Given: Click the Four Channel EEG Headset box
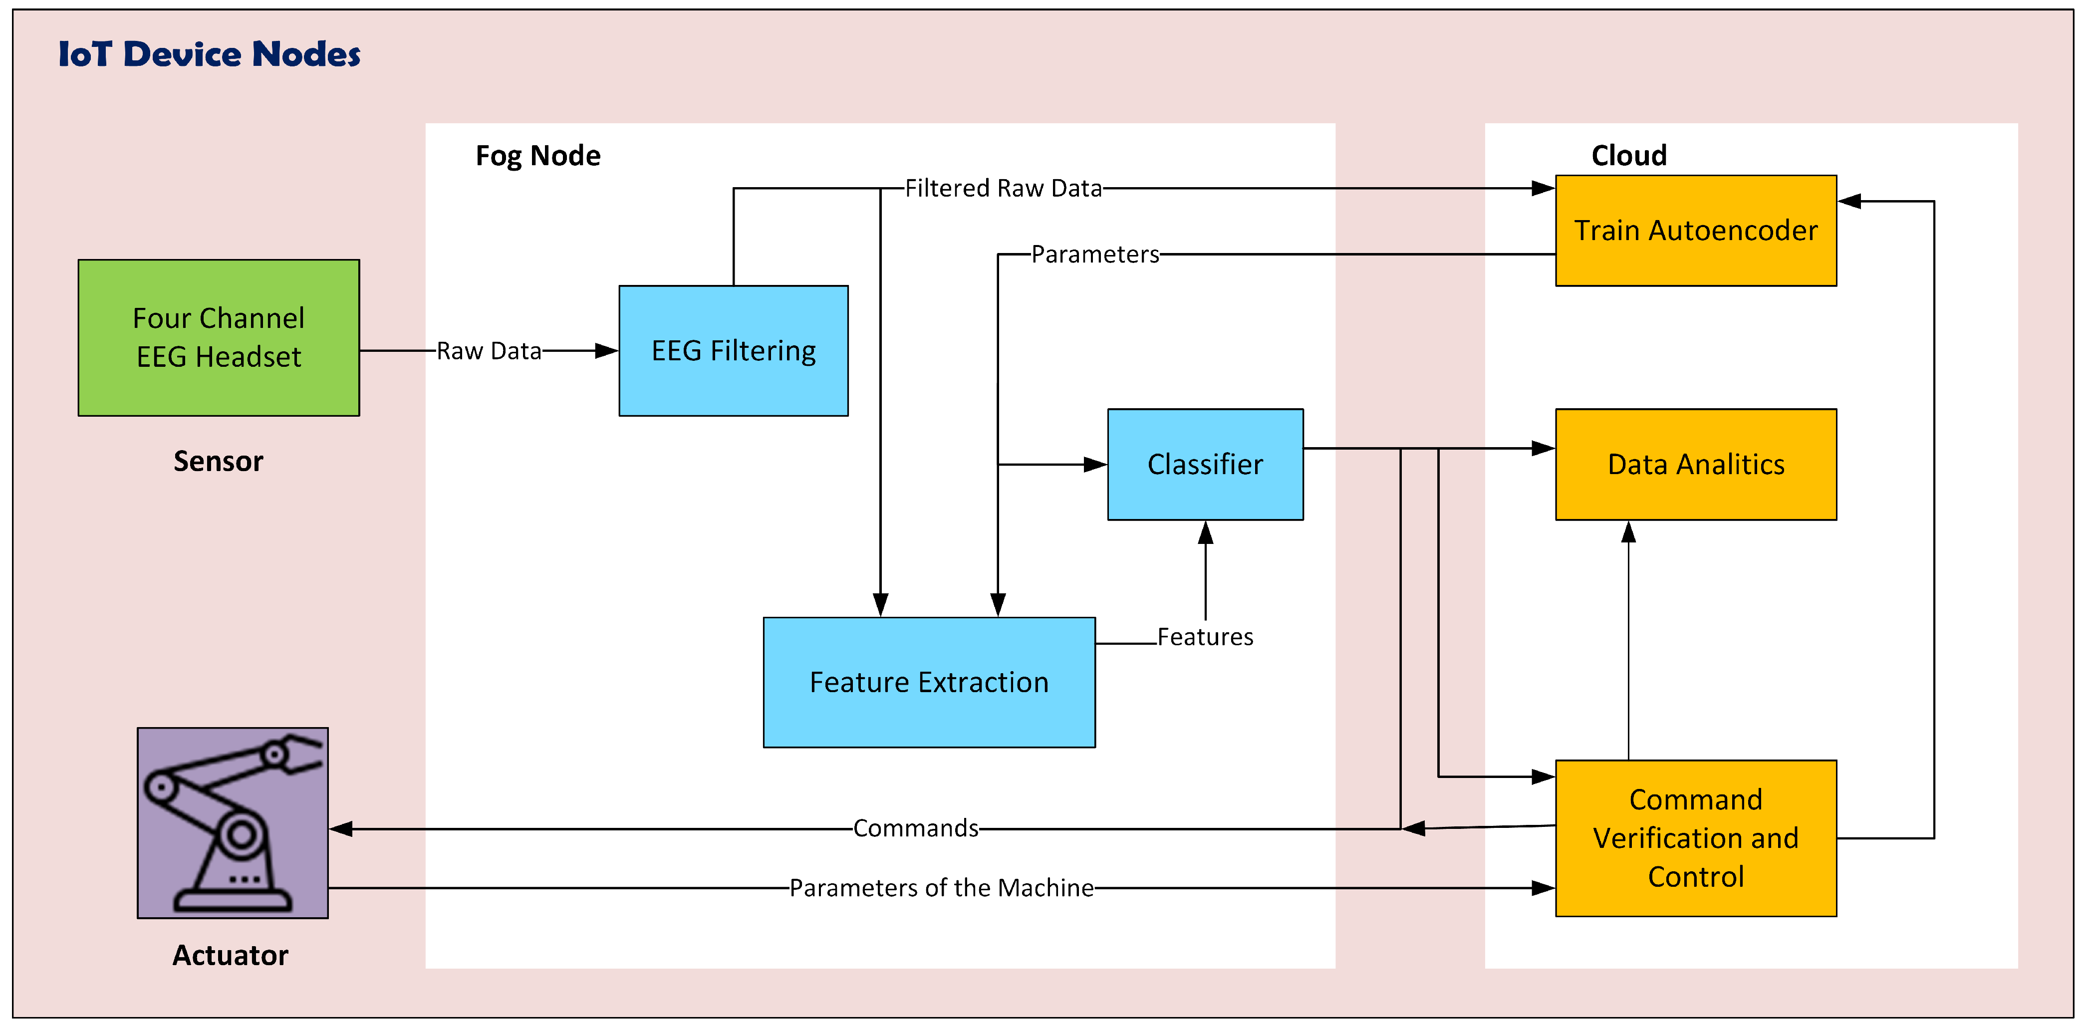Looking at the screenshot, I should coord(219,338).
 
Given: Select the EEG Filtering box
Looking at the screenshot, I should coord(733,351).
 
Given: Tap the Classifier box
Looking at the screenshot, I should coord(1205,464).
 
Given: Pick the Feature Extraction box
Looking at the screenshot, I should coord(929,682).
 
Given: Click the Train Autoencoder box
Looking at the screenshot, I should coord(1696,231).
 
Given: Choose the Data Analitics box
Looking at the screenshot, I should coord(1696,464).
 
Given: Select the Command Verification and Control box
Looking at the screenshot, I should coord(1696,838).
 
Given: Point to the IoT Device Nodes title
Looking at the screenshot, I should coord(210,54).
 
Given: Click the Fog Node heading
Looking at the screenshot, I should coord(537,156).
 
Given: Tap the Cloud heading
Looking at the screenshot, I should coord(1628,156).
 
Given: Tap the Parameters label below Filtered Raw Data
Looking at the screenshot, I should coord(1095,255).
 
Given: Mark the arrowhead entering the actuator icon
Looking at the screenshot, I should coord(341,828).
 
